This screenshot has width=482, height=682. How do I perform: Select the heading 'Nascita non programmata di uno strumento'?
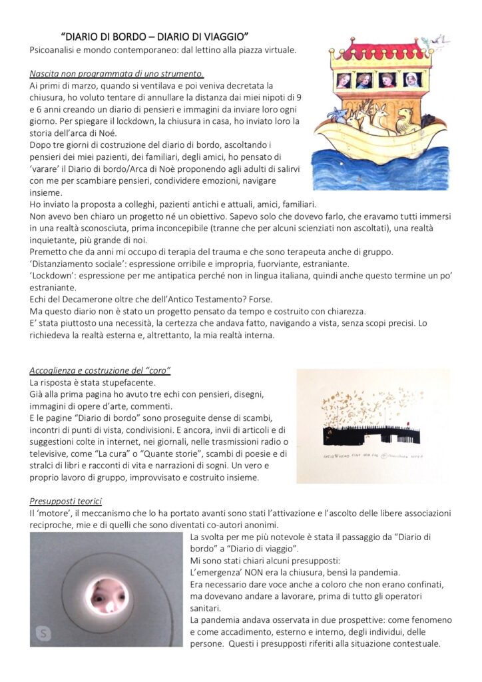[x=117, y=73]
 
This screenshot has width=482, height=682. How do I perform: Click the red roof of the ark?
[x=377, y=51]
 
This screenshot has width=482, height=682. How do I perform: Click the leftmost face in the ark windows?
[x=344, y=81]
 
